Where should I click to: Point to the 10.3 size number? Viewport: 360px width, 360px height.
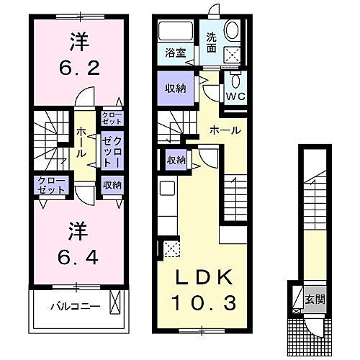pyautogui.click(x=204, y=303)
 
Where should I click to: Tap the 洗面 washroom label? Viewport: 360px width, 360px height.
pyautogui.click(x=212, y=42)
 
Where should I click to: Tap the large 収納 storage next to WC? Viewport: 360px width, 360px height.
pyautogui.click(x=175, y=91)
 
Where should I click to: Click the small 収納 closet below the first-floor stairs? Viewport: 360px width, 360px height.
pyautogui.click(x=176, y=160)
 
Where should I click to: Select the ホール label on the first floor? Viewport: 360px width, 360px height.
pyautogui.click(x=225, y=130)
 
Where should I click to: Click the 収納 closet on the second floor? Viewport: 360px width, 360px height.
pyautogui.click(x=112, y=185)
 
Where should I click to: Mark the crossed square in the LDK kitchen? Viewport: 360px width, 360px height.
pyautogui.click(x=171, y=249)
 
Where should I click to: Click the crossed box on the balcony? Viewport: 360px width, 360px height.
pyautogui.click(x=114, y=302)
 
